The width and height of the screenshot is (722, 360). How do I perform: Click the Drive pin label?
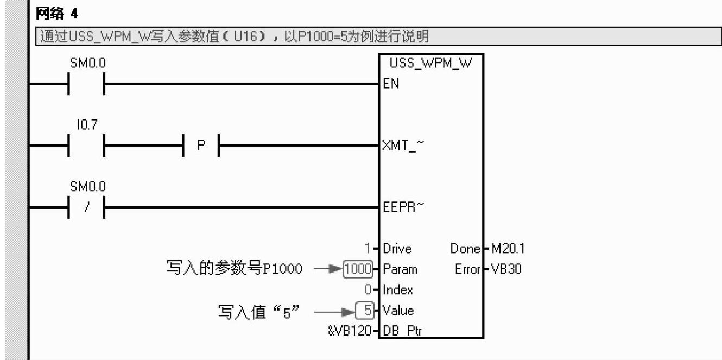pyautogui.click(x=397, y=249)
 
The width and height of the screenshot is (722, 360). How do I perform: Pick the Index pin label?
pyautogui.click(x=397, y=290)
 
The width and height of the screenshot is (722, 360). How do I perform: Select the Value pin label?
pyautogui.click(x=398, y=311)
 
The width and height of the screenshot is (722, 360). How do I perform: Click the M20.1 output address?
pyautogui.click(x=507, y=249)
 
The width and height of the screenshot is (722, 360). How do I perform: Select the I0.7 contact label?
pyautogui.click(x=86, y=125)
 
